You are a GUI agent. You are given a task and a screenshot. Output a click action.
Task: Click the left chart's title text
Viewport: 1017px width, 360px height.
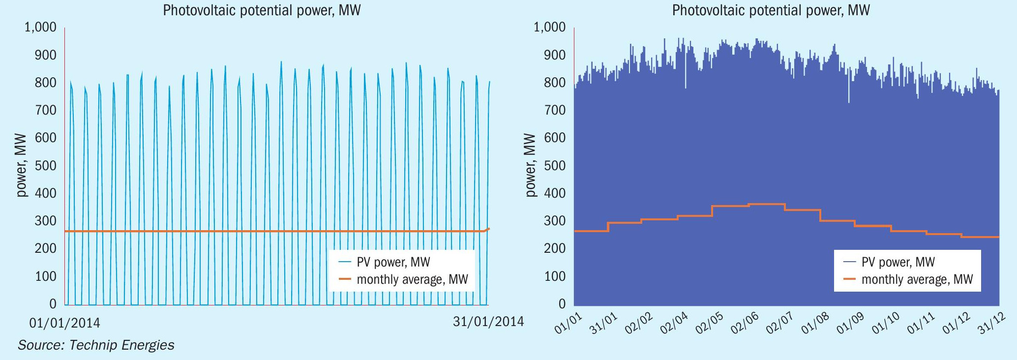click(262, 10)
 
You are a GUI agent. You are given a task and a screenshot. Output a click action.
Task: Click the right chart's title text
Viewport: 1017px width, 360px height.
click(771, 10)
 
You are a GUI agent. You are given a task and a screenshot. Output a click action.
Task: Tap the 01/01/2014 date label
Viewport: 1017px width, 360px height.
click(65, 323)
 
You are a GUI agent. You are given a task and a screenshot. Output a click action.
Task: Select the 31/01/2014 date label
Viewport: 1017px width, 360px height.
click(488, 322)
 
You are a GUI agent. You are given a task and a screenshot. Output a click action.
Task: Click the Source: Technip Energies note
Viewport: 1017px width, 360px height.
click(96, 345)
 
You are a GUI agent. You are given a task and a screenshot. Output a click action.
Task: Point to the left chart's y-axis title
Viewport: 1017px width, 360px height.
click(22, 165)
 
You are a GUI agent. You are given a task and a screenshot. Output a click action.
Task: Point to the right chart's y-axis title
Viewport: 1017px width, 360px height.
click(531, 165)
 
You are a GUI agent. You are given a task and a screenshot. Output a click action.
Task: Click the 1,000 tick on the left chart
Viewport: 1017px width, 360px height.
click(40, 27)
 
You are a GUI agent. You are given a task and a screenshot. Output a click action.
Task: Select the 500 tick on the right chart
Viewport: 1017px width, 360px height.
click(555, 166)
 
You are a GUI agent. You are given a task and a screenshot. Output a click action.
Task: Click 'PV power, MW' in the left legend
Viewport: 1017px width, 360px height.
click(393, 262)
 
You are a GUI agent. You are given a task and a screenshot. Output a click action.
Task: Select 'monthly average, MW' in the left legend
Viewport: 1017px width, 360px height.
click(412, 280)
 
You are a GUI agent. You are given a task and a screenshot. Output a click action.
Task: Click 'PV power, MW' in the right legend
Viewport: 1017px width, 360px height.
click(897, 262)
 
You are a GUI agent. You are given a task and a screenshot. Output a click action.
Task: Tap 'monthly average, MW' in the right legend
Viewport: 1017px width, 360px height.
click(917, 280)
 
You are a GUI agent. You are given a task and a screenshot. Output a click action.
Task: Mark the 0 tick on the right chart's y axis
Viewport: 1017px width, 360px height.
click(562, 304)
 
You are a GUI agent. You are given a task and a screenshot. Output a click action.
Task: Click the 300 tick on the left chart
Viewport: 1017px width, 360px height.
click(45, 221)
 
